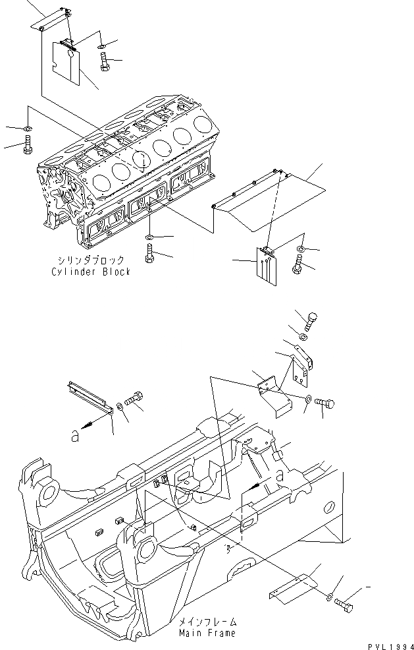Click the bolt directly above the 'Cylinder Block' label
[x=149, y=253]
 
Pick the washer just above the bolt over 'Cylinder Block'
[x=150, y=237]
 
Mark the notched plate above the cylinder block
[x=66, y=63]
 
